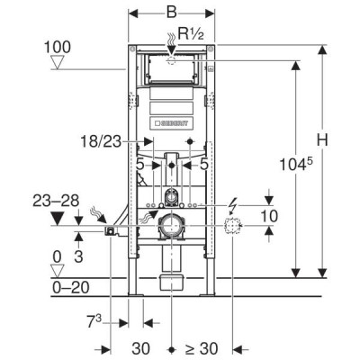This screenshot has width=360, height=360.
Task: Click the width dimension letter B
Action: pos(171,13)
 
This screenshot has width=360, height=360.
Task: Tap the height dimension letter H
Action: pos(322,140)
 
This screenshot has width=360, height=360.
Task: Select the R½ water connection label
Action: pos(191,33)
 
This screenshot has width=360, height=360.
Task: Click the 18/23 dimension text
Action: pos(101,141)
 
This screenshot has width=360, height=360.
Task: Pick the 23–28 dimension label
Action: pos(56,201)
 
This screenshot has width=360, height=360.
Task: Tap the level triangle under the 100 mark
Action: pos(57,62)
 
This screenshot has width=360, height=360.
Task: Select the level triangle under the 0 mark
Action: pos(57,271)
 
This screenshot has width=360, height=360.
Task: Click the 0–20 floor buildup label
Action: pos(71,288)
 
